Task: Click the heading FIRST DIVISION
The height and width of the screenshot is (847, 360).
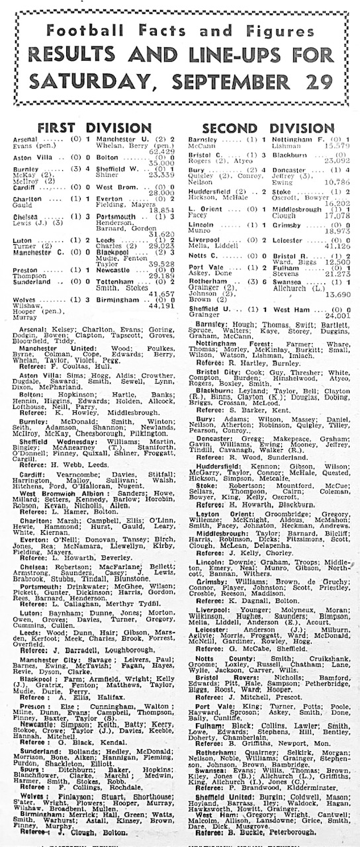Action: (94, 127)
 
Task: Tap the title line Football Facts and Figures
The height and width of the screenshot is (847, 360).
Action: (179, 31)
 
